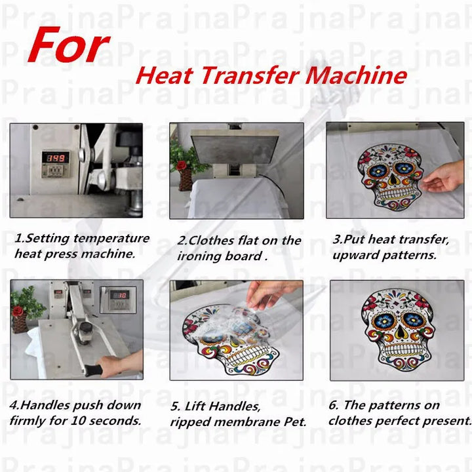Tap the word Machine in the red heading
pos(357,75)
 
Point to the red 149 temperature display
pos(56,158)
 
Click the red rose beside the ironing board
pos(182,165)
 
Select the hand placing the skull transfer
pos(444,177)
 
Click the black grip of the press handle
pos(92,370)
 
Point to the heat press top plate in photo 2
pos(236,144)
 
